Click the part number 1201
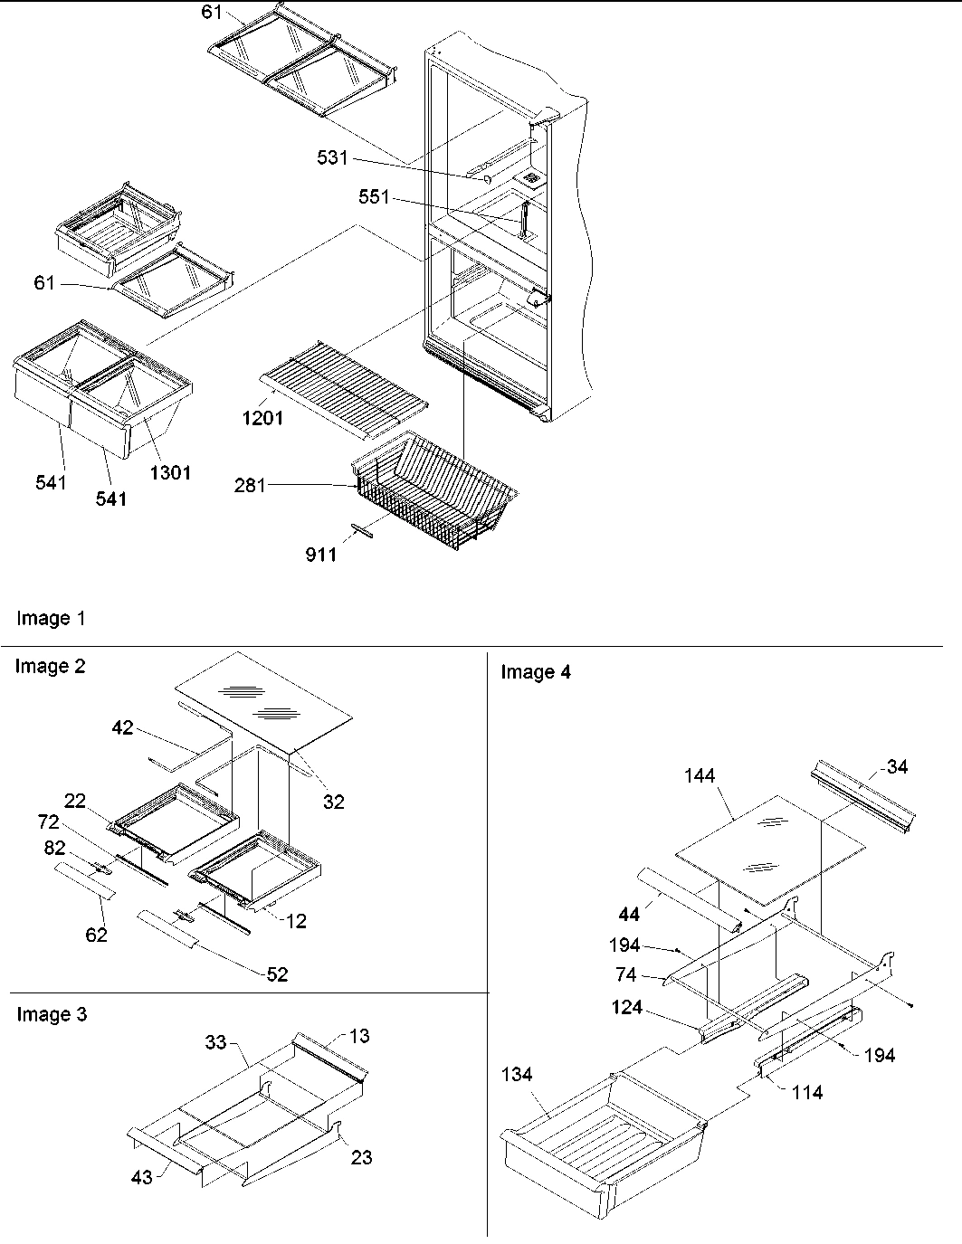click(263, 418)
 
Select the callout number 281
click(250, 486)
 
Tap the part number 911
click(320, 554)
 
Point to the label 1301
click(170, 471)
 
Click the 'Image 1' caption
click(51, 619)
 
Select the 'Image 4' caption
click(536, 671)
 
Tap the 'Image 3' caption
click(52, 1014)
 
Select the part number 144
click(700, 775)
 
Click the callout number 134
click(517, 1074)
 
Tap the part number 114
click(806, 1092)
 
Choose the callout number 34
click(898, 766)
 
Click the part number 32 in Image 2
click(334, 802)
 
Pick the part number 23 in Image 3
click(361, 1156)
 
